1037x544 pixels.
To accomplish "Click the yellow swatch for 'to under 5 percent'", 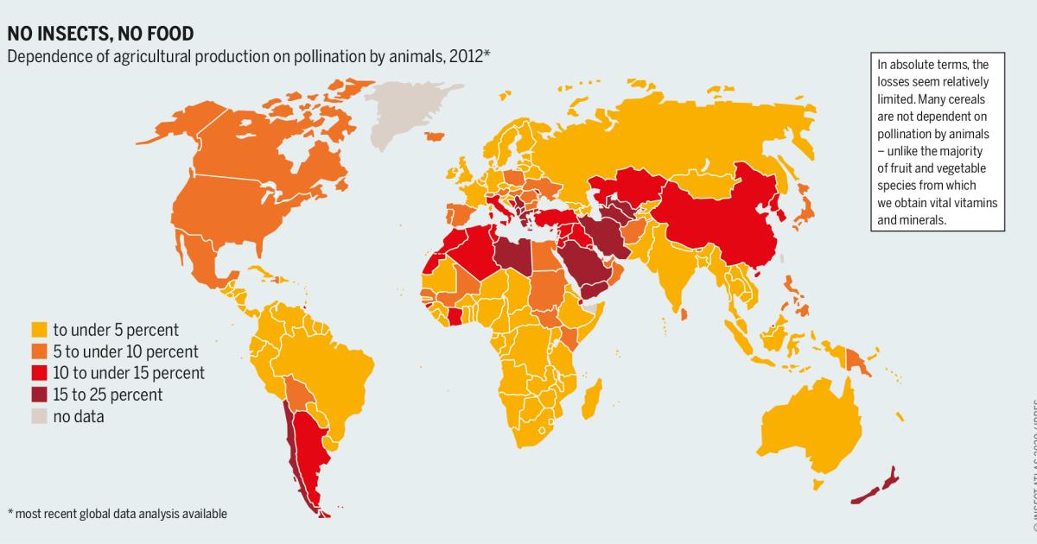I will pyautogui.click(x=39, y=330).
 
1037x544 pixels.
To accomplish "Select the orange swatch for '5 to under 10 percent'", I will pyautogui.click(x=39, y=351).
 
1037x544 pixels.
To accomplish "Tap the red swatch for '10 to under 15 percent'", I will pyautogui.click(x=39, y=373).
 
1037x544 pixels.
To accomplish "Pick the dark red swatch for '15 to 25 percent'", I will pyautogui.click(x=39, y=395).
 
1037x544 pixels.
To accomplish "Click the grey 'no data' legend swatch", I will pyautogui.click(x=39, y=416).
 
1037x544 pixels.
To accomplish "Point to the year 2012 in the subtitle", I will pyautogui.click(x=469, y=57).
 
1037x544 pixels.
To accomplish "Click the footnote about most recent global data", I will pyautogui.click(x=118, y=514).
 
